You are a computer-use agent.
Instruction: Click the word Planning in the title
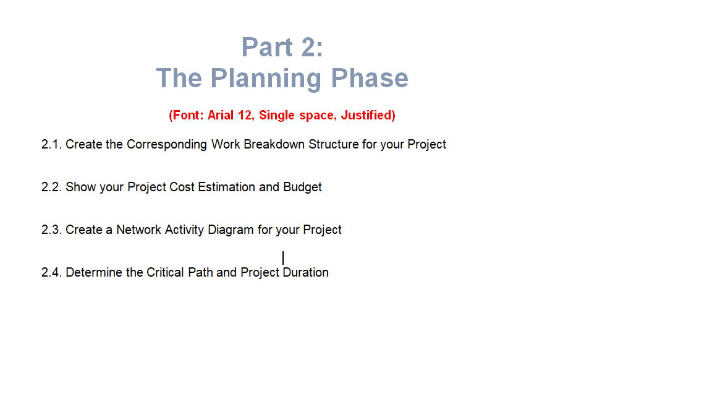coord(266,78)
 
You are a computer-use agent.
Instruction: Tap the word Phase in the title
coord(370,78)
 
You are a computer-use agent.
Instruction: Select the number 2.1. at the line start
coord(51,144)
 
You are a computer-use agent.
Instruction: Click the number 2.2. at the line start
coord(51,187)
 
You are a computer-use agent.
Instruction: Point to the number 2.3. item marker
coord(51,230)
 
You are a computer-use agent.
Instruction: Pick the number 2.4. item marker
coord(51,272)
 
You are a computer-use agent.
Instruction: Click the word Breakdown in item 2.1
coord(274,144)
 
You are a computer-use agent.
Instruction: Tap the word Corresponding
coord(167,145)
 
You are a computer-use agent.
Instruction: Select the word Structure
coord(334,144)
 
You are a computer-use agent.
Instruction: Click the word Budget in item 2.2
coord(302,188)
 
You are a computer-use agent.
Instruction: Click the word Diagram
coord(231,230)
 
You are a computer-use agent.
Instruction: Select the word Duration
coord(305,272)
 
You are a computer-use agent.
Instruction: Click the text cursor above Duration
coord(283,258)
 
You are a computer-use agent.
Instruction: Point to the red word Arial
coord(220,115)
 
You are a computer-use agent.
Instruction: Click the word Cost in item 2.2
coord(182,187)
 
